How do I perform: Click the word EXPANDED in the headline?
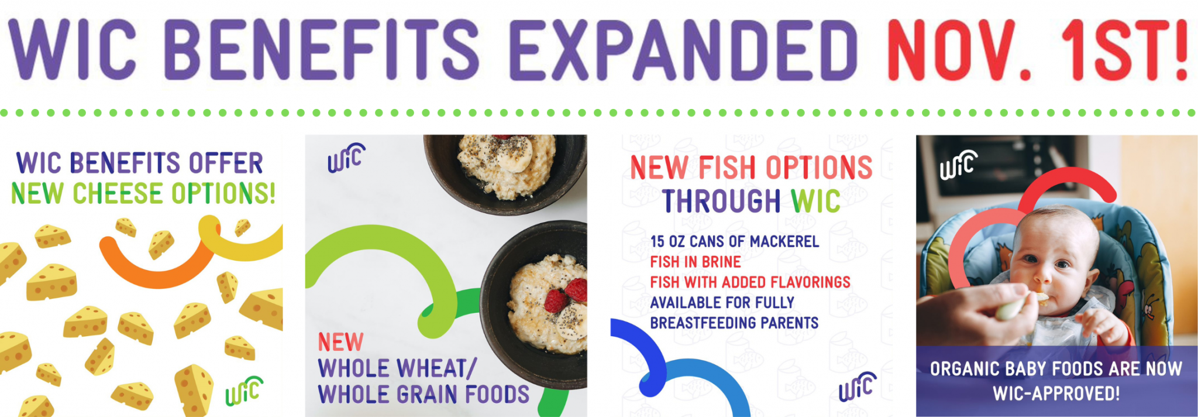[x=683, y=50]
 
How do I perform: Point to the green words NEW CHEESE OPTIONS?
[x=143, y=193]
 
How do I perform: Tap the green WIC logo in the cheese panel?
[x=244, y=391]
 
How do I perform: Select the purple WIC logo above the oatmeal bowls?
[x=346, y=158]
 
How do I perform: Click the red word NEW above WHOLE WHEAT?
[x=340, y=342]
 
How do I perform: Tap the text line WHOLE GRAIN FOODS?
[x=424, y=394]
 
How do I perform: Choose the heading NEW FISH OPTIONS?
[x=751, y=168]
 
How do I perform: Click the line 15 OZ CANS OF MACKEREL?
[x=735, y=241]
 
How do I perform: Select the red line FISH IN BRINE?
[x=696, y=262]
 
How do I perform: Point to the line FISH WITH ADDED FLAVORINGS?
[x=751, y=282]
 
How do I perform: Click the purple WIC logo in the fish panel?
[x=858, y=387]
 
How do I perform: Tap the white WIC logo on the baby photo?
[x=959, y=165]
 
